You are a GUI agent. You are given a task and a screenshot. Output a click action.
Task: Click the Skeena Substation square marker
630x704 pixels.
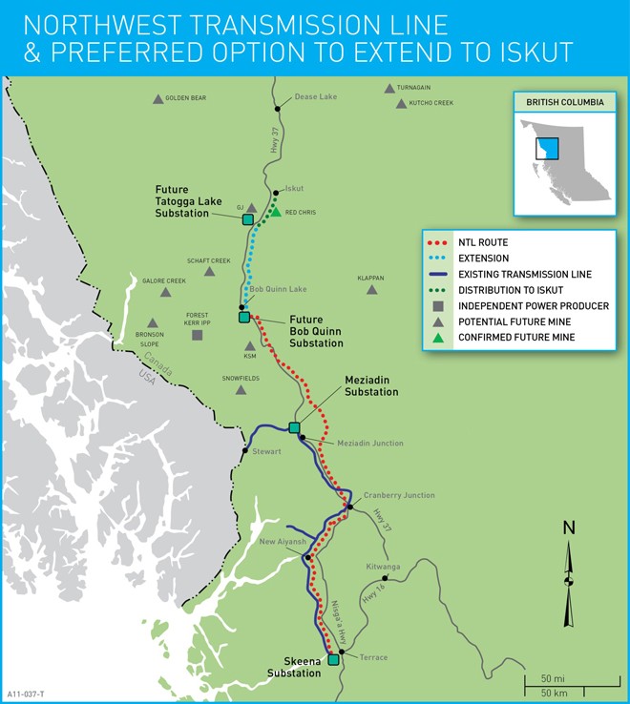pos(333,659)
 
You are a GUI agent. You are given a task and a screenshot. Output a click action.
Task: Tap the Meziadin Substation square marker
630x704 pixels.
pos(294,427)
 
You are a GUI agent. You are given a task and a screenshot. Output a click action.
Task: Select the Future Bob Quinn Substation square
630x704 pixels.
pos(243,317)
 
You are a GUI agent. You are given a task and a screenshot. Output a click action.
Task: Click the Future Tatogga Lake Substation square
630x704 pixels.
pos(247,219)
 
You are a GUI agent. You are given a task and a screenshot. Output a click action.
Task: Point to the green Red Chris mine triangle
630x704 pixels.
pos(275,212)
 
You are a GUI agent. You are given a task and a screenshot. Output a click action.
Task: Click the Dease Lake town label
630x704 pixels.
pos(315,96)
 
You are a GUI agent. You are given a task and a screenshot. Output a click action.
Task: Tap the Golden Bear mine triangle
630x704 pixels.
pos(157,98)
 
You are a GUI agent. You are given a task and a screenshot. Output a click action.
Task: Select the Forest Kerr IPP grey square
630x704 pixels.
pos(197,335)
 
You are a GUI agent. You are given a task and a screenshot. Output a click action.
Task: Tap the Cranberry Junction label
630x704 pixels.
pos(398,495)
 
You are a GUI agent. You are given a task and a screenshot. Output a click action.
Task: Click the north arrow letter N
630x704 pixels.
pos(569,528)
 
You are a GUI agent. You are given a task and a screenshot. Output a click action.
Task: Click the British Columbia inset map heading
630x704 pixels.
pos(558,102)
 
